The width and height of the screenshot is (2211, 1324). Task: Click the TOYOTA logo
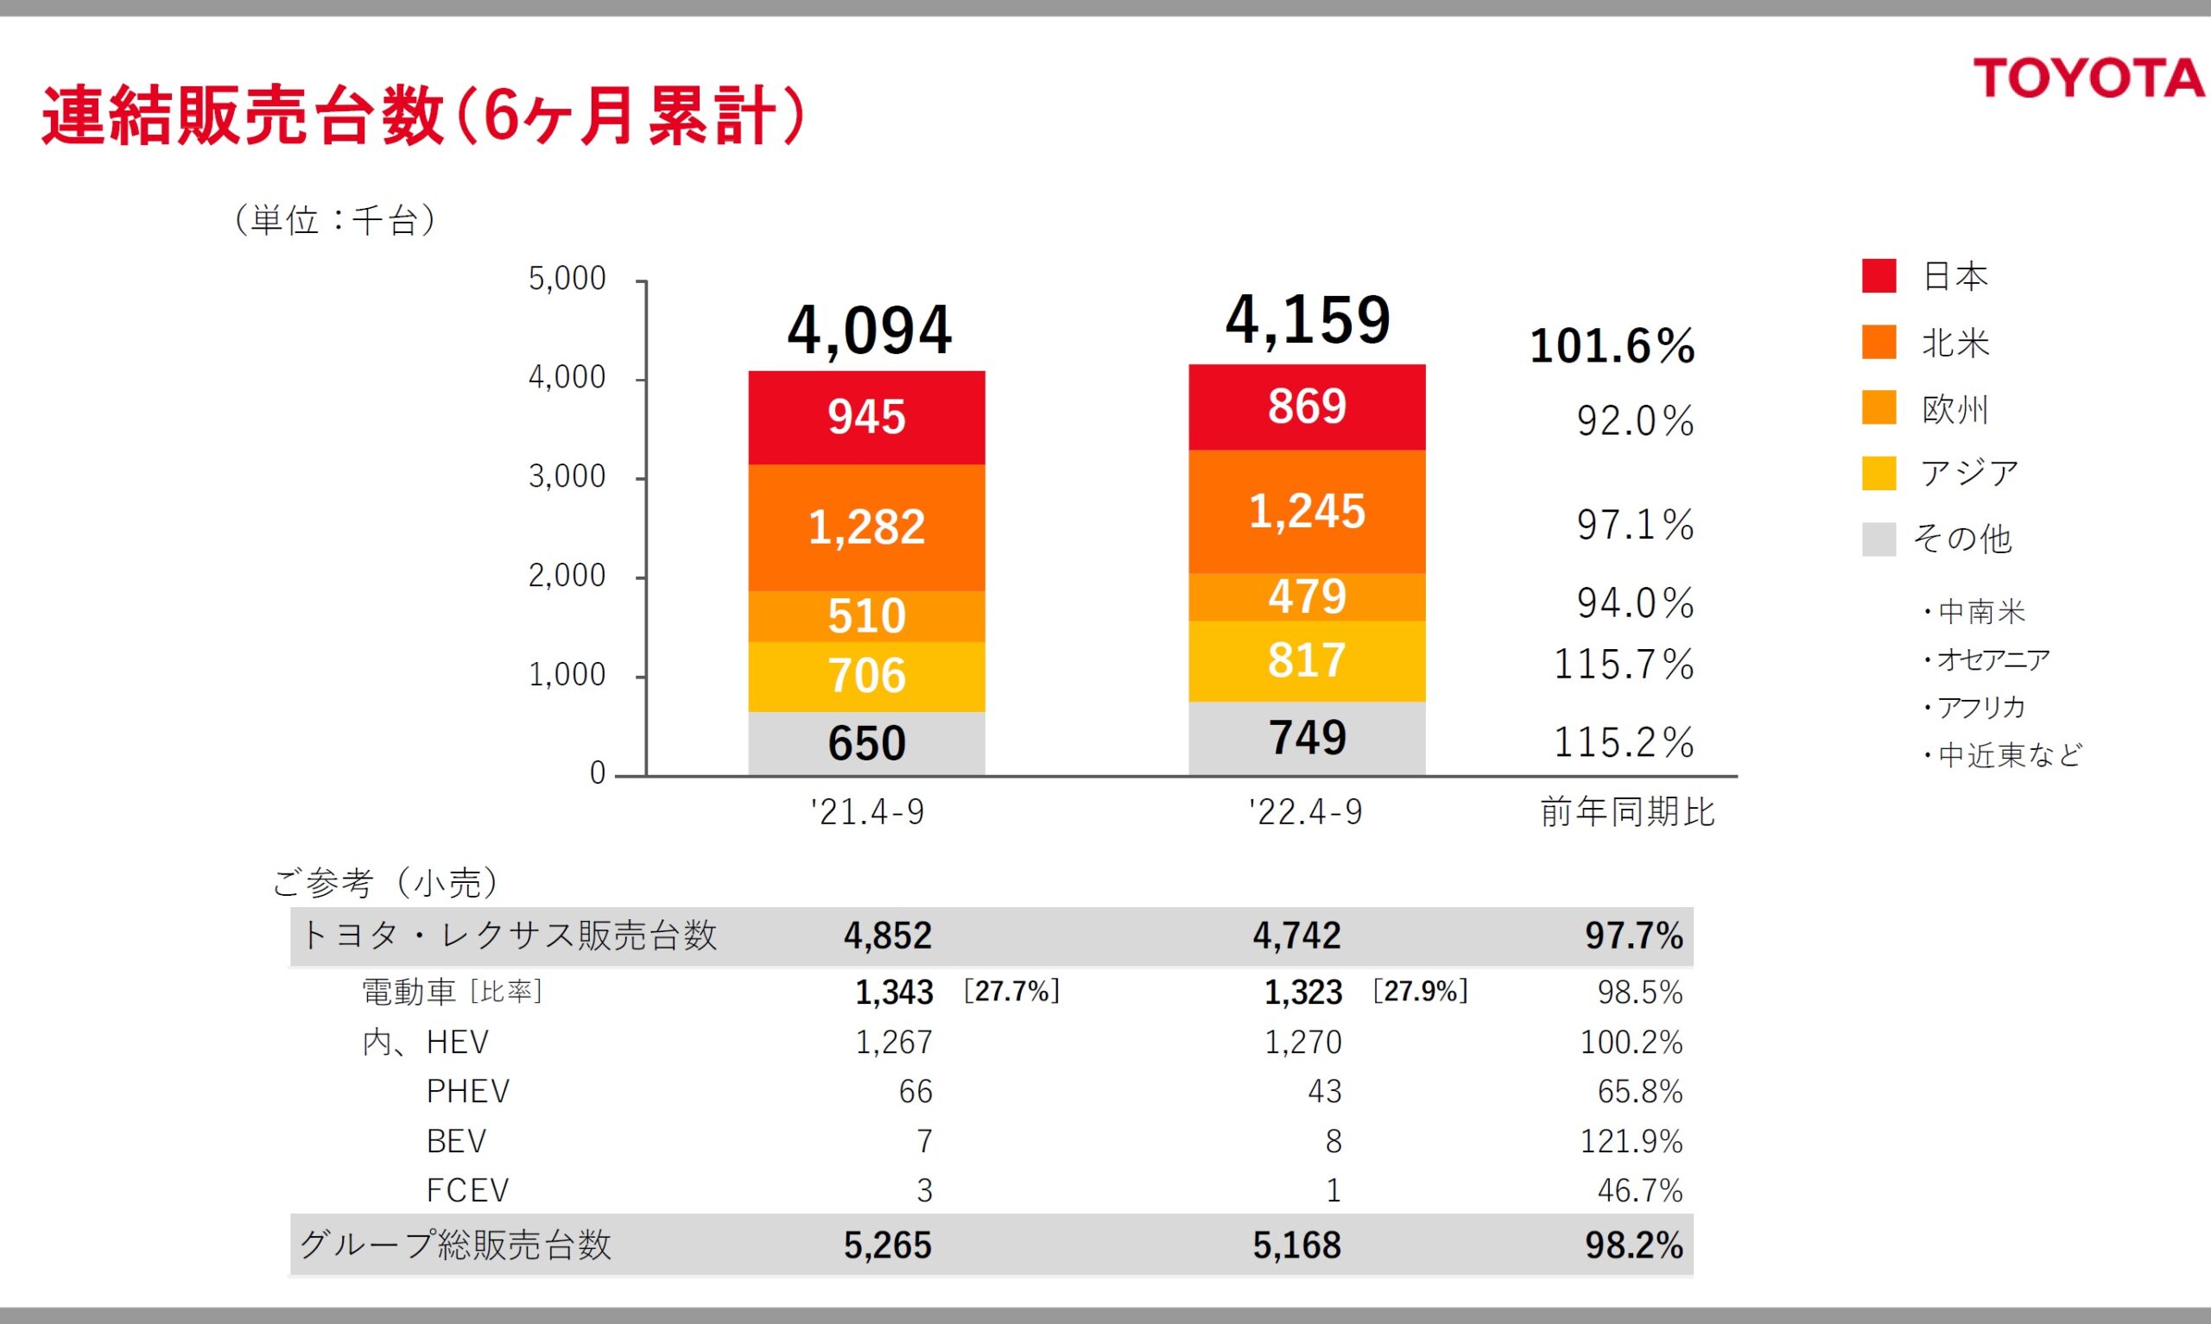click(2087, 79)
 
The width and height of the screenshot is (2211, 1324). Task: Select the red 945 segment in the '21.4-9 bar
click(866, 417)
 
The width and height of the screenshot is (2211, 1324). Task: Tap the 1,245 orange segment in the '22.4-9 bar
click(1307, 511)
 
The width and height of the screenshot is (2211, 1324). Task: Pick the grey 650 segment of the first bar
click(866, 743)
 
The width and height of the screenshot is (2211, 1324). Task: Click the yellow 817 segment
click(1307, 661)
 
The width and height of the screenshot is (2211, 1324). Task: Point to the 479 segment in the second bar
click(1307, 597)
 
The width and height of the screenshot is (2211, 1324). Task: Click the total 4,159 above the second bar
click(1307, 319)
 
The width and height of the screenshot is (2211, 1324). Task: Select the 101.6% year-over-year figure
click(1612, 346)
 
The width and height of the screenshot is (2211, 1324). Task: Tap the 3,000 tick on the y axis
click(567, 477)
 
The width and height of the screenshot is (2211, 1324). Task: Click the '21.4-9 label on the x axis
click(867, 813)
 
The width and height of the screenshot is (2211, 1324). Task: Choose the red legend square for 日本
click(1878, 275)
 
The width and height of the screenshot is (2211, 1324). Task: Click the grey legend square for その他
click(1878, 539)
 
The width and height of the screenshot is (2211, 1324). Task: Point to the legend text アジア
click(1969, 473)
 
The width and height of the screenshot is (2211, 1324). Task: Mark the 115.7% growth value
click(1624, 665)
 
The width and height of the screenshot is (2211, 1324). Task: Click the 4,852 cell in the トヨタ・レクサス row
click(887, 936)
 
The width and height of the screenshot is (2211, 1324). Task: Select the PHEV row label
click(468, 1091)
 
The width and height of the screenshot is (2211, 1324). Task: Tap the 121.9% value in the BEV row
click(1631, 1141)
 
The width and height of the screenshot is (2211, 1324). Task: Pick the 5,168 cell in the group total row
click(1296, 1245)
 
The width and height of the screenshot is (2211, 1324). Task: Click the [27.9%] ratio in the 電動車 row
click(1420, 991)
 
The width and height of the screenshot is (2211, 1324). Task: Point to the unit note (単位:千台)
click(335, 220)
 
